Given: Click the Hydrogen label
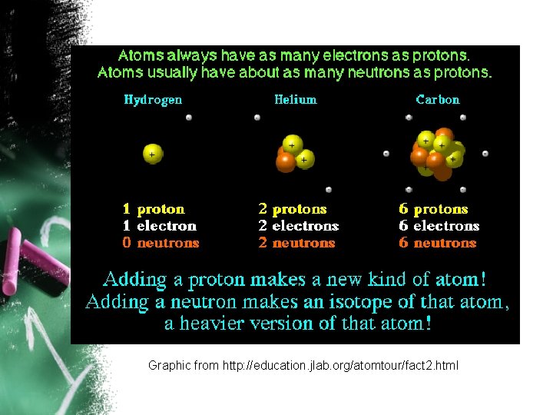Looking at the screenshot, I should pyautogui.click(x=153, y=100).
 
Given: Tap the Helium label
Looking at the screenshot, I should pyautogui.click(x=295, y=100).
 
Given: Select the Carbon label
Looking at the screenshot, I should pyautogui.click(x=437, y=100).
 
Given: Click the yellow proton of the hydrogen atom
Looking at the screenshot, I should pyautogui.click(x=153, y=154).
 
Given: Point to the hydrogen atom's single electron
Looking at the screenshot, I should pyautogui.click(x=188, y=118).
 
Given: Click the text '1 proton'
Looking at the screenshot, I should pyautogui.click(x=154, y=209).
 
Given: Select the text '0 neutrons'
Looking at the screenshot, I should pyautogui.click(x=161, y=243).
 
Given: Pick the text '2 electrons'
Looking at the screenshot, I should pyautogui.click(x=298, y=226).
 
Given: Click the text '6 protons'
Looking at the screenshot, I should pyautogui.click(x=433, y=209).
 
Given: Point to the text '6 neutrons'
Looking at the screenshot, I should pyautogui.click(x=437, y=243).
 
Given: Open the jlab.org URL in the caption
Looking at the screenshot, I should pyautogui.click(x=340, y=366).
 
